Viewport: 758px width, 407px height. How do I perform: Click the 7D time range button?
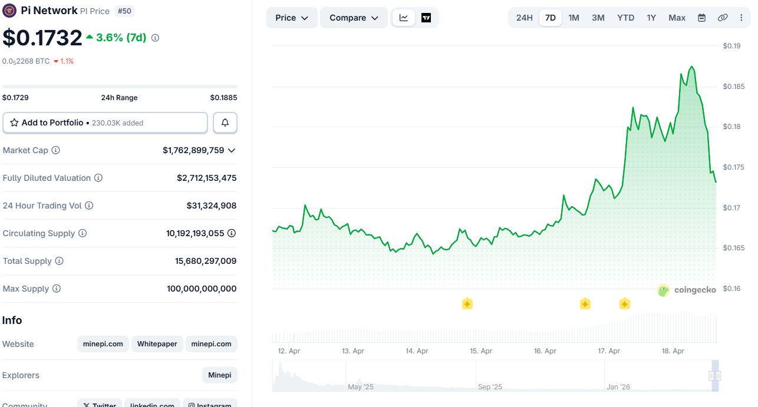(x=550, y=18)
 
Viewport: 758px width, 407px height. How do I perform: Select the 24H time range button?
(x=524, y=18)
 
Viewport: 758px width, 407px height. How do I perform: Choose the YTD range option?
(x=625, y=18)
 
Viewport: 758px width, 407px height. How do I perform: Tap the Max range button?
(x=677, y=18)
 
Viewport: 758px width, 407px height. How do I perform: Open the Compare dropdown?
(x=354, y=18)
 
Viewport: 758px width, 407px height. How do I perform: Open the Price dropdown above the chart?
(x=292, y=18)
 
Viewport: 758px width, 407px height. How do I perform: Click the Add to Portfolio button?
(x=106, y=123)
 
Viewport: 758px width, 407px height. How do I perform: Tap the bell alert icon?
(x=225, y=123)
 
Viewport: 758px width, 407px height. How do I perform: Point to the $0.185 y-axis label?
(x=733, y=87)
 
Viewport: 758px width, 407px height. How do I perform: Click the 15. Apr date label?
(x=481, y=351)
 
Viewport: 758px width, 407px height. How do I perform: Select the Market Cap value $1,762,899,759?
(x=193, y=150)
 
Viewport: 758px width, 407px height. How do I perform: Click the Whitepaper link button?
(x=157, y=344)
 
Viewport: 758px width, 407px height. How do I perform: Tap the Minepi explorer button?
(x=219, y=375)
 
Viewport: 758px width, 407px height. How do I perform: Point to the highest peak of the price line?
(x=691, y=67)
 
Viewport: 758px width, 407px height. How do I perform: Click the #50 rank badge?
(x=124, y=11)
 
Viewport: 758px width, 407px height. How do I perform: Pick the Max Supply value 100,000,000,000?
(x=202, y=289)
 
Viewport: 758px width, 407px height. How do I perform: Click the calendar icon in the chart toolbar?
(x=701, y=18)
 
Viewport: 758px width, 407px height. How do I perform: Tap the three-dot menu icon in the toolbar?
(x=741, y=18)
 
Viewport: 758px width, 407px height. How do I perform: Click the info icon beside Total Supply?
(x=59, y=261)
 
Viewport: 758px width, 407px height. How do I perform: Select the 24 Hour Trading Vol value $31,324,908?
(x=211, y=206)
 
